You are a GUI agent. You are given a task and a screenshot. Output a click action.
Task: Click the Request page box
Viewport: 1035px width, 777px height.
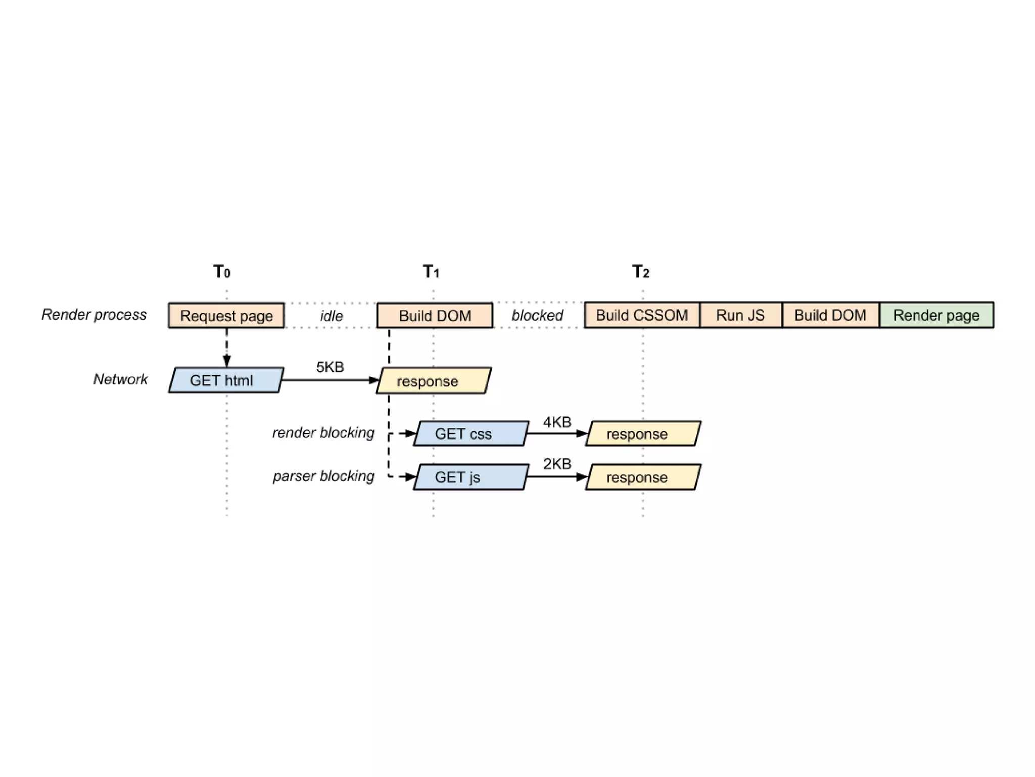[226, 316]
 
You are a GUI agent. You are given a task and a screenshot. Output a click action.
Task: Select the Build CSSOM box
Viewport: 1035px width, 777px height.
[642, 315]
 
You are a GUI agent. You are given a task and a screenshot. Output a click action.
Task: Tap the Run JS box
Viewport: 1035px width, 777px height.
[740, 315]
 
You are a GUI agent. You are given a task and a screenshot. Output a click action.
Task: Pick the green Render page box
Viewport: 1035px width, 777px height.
[936, 315]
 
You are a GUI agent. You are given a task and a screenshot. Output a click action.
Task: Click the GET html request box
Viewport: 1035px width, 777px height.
[226, 380]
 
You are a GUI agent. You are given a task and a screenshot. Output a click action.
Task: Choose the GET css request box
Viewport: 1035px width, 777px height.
[471, 434]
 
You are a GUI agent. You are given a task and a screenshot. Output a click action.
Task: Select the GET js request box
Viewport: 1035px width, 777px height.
[471, 477]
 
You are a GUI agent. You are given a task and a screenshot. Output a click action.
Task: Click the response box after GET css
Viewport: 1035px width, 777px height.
[643, 434]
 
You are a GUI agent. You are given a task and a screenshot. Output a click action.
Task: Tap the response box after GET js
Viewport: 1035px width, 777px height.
[643, 477]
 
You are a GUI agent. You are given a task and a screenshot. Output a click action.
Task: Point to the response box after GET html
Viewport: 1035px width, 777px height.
[434, 381]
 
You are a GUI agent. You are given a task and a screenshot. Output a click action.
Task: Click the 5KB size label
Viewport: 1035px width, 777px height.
[330, 367]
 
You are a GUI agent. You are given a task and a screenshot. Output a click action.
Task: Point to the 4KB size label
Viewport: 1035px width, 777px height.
[557, 422]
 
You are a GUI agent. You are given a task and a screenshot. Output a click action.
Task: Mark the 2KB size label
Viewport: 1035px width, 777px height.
[557, 464]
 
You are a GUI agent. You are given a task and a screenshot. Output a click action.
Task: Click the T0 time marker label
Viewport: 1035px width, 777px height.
[222, 272]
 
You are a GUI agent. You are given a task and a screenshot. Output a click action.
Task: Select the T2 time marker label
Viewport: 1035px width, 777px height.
[640, 272]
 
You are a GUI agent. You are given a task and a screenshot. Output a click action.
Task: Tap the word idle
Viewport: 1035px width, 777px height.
[331, 316]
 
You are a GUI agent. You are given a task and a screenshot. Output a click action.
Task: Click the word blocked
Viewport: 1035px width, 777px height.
[537, 316]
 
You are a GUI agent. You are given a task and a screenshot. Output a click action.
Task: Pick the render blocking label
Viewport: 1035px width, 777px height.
[323, 433]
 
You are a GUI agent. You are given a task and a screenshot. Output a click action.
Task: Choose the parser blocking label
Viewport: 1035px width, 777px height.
[323, 476]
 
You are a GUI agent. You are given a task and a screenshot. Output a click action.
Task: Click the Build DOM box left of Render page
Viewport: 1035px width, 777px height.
[830, 315]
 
